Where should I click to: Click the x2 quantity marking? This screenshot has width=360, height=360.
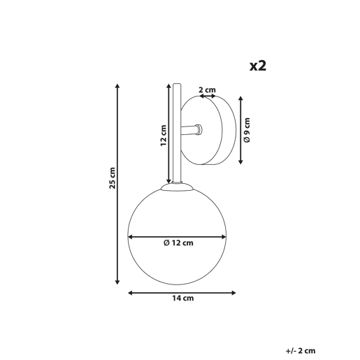tap(258, 66)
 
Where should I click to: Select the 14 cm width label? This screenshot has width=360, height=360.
tap(183, 298)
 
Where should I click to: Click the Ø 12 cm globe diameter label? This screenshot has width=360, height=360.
tap(178, 243)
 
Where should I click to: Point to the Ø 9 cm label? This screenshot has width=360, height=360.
tap(247, 130)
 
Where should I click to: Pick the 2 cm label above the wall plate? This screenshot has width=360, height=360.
tap(207, 89)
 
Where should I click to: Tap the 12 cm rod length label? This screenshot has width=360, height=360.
tap(164, 136)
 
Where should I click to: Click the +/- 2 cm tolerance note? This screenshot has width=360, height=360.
tap(301, 351)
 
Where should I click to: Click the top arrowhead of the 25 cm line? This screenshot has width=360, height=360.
tap(117, 85)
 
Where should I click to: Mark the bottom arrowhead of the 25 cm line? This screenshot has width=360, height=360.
tap(117, 282)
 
